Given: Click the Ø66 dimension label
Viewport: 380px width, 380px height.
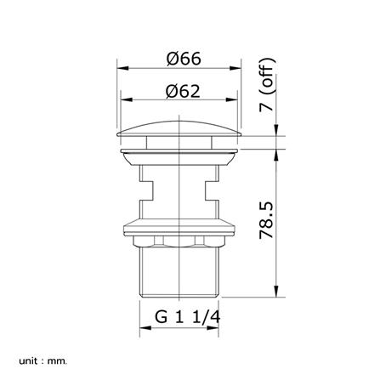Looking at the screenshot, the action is (x=184, y=59).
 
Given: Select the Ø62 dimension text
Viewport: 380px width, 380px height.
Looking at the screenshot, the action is (x=183, y=91).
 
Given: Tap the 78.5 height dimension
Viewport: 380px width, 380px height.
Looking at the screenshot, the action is (x=267, y=220).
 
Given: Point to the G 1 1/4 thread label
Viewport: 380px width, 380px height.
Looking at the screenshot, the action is (x=187, y=317).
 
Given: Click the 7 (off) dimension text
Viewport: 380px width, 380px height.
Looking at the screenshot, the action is (x=267, y=85).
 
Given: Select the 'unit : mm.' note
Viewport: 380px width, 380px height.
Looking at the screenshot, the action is (x=43, y=361).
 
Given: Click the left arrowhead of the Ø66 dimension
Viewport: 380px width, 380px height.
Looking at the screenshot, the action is (x=122, y=68).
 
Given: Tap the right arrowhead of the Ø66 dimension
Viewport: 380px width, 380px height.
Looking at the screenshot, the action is (x=235, y=68).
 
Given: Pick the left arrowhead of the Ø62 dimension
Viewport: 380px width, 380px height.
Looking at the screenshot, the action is (x=127, y=99).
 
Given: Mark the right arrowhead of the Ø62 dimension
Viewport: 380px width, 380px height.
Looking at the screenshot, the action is (x=231, y=99).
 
